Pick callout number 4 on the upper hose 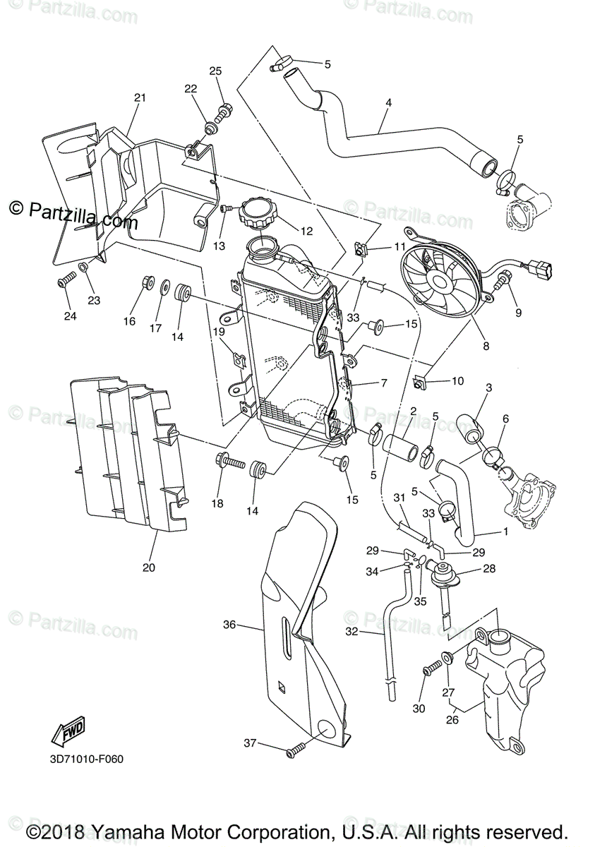(388, 102)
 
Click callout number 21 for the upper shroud (139, 97)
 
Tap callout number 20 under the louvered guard (148, 567)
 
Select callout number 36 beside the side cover (229, 625)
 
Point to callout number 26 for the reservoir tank (452, 721)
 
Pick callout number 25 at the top (215, 71)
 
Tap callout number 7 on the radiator (384, 383)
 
